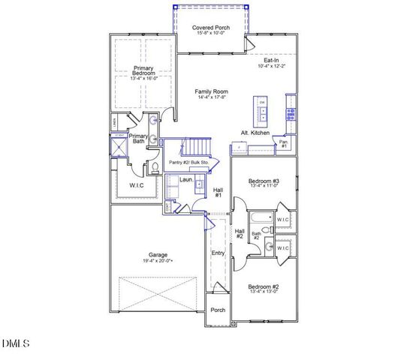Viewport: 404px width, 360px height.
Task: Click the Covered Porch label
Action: (211, 28)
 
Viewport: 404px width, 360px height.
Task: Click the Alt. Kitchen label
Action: (255, 132)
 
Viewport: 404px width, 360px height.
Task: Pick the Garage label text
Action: (158, 254)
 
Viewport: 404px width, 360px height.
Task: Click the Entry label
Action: (218, 253)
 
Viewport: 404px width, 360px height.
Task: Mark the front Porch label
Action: (218, 310)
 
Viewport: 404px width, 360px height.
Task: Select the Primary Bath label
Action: (139, 139)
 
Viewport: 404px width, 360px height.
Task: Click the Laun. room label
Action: (185, 180)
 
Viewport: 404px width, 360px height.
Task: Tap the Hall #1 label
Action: (219, 193)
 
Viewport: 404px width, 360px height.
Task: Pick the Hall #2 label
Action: (240, 234)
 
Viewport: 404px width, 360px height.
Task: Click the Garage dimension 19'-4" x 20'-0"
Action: (158, 261)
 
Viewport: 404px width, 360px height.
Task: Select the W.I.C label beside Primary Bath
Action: (137, 184)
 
